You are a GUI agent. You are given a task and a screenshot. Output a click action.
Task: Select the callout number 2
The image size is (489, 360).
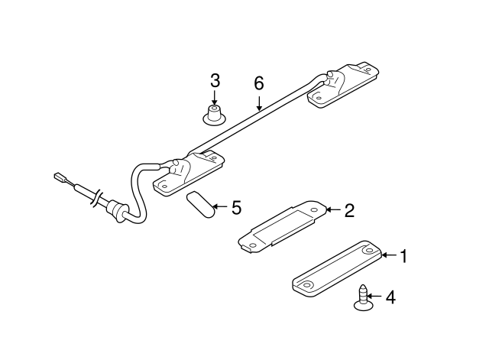tap(349, 210)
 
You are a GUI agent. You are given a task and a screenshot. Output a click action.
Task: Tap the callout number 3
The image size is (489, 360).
tap(215, 80)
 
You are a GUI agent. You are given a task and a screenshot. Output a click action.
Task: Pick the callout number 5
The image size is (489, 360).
tap(236, 207)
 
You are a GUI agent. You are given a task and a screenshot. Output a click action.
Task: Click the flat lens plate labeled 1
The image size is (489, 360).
tap(336, 267)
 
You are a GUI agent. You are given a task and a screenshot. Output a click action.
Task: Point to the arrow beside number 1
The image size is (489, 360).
tap(390, 256)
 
